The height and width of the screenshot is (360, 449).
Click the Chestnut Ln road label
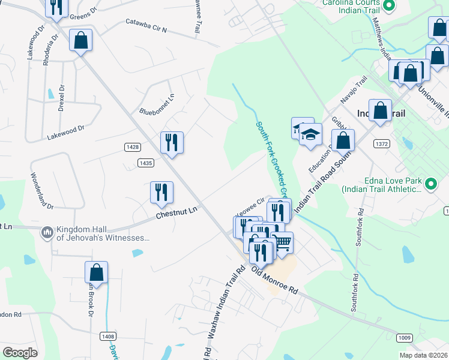tap(176, 211)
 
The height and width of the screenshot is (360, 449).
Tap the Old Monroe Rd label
tap(274, 280)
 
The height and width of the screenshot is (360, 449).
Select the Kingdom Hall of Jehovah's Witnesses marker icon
tap(47, 232)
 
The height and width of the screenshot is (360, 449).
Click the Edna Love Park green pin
tap(430, 184)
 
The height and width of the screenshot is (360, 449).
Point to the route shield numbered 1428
tap(133, 147)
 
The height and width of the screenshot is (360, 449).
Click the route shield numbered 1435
tap(145, 162)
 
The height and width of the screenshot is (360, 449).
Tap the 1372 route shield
tap(381, 143)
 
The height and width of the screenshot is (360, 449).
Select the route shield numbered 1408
tap(109, 336)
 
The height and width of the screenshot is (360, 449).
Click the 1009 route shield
tap(404, 338)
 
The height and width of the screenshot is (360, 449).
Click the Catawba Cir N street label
tap(146, 25)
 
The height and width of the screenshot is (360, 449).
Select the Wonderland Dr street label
tap(42, 190)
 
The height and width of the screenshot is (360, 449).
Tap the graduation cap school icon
tap(310, 134)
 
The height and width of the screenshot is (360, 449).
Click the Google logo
tap(20, 352)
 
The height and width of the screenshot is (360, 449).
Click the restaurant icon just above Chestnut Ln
tap(161, 192)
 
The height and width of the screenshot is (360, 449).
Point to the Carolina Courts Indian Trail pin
tap(388, 7)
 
